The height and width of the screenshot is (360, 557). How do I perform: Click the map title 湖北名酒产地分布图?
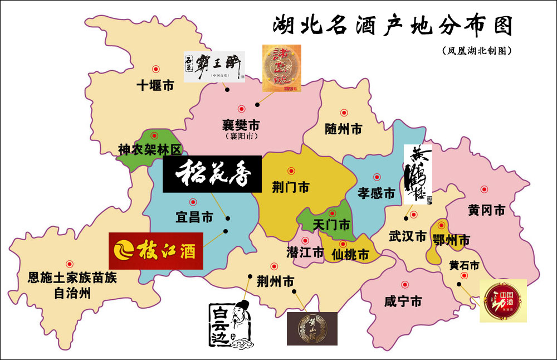click(x=392, y=26)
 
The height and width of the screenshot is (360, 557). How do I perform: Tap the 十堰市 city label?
click(x=155, y=86)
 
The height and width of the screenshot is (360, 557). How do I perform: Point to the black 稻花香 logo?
click(x=212, y=174)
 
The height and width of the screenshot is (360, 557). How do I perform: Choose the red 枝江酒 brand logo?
click(x=156, y=251)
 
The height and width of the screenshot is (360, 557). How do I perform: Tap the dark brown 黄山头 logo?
click(x=312, y=328)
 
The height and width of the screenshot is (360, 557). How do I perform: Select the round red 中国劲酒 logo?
click(x=503, y=300)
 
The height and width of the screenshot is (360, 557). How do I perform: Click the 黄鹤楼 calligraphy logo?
click(x=418, y=174)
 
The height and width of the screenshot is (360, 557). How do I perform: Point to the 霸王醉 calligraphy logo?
click(x=214, y=67)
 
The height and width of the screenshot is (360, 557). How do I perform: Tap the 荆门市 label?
click(x=291, y=187)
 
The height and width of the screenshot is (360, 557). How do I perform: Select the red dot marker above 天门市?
click(x=333, y=212)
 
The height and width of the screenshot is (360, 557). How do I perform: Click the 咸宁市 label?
click(x=403, y=301)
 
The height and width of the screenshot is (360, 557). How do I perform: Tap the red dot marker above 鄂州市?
click(x=442, y=226)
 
